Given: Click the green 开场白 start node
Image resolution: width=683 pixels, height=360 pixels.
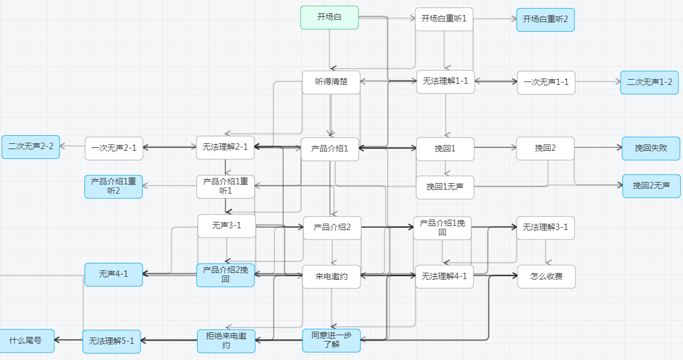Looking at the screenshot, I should [329, 17].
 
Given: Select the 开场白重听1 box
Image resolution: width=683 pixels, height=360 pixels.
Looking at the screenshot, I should [444, 19].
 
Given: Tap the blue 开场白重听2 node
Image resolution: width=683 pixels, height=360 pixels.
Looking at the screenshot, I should [545, 20].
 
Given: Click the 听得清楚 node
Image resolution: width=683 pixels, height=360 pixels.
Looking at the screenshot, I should [331, 82].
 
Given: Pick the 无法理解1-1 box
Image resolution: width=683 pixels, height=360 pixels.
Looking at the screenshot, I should [446, 81].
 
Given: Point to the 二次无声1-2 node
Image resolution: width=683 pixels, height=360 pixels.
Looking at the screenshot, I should [649, 82].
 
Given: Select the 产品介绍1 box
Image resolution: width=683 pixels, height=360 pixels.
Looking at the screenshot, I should [330, 149].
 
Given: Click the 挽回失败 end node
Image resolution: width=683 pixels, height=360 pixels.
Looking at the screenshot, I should [651, 149].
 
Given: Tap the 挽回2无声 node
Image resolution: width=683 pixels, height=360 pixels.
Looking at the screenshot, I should [651, 186].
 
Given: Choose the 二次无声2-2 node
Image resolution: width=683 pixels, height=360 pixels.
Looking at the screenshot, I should [31, 147].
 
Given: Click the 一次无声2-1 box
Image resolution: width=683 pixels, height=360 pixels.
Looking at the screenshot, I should [113, 148].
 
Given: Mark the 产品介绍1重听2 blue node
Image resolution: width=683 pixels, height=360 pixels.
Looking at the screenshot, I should [113, 187].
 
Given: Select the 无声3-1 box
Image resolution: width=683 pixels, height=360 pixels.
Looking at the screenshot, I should [226, 226].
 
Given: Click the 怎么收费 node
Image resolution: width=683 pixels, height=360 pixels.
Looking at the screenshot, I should [546, 277].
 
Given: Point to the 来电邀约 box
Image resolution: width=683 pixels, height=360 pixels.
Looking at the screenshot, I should [331, 277].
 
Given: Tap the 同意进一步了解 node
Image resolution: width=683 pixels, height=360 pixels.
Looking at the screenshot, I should [331, 340].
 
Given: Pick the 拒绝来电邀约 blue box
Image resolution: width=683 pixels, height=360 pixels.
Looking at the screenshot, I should [226, 340].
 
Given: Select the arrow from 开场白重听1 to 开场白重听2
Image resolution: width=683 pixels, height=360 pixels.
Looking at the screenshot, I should [495, 19].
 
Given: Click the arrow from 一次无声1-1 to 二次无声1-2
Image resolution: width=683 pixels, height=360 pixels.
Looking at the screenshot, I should [597, 82].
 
